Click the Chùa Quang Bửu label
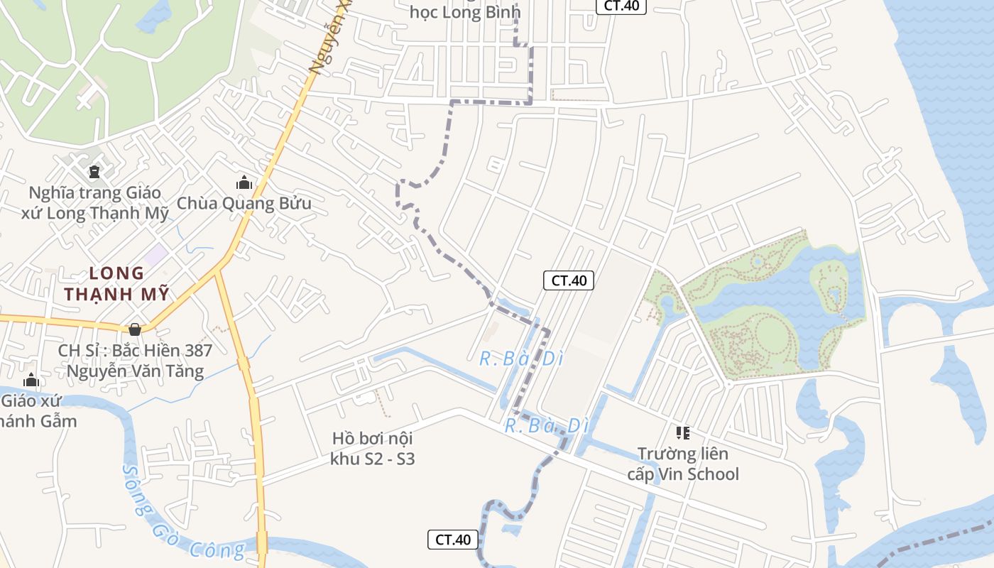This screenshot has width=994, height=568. click(x=244, y=203)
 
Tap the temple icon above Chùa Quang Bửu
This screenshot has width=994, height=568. click(x=244, y=182)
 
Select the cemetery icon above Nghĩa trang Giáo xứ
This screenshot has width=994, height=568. click(x=94, y=171)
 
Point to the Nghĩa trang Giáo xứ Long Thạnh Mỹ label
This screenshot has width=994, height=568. click(x=94, y=203)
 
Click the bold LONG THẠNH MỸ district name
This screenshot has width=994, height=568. click(x=117, y=283)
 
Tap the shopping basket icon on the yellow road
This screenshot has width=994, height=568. click(x=135, y=329)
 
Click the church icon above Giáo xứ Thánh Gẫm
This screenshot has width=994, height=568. click(x=31, y=381)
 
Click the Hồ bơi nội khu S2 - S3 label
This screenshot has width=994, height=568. click(x=372, y=449)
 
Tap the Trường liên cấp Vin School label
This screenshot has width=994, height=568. click(x=683, y=464)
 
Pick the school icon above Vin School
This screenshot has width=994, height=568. click(x=683, y=432)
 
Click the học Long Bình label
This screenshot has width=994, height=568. click(x=465, y=12)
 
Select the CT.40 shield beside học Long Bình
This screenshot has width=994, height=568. click(x=621, y=6)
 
